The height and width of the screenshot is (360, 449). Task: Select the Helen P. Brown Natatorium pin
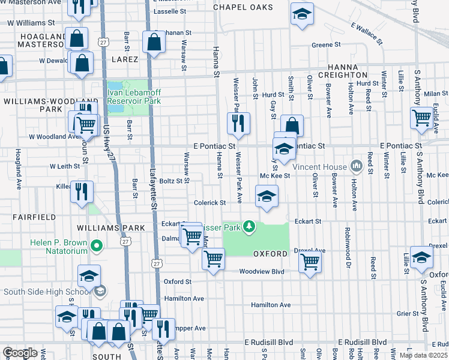click(95, 245)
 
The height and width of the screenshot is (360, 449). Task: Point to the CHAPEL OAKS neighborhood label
click(244, 7)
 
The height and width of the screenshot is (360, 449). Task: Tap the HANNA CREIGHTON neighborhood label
click(347, 71)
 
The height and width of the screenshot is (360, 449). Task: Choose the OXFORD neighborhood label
click(270, 254)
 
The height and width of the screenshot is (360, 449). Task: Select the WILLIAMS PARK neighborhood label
click(111, 228)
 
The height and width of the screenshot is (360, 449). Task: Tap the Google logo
click(20, 353)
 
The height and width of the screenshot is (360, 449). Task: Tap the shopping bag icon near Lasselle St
click(154, 43)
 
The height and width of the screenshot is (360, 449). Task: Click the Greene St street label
click(326, 44)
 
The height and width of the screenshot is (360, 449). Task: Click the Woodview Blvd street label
click(261, 271)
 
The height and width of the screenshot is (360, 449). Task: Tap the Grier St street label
click(407, 313)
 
